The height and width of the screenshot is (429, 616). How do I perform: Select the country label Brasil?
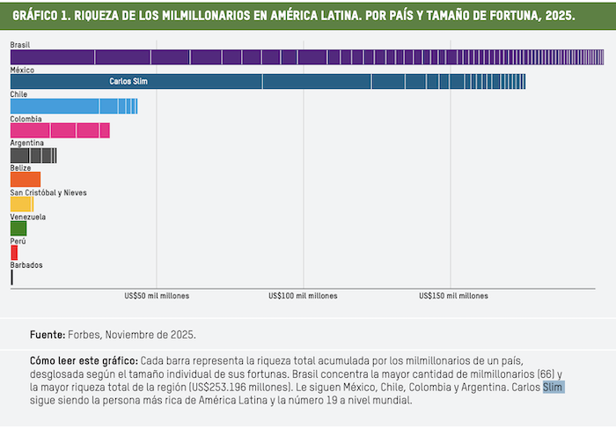coord(19,44)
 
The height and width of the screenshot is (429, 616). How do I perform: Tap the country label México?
coord(22,69)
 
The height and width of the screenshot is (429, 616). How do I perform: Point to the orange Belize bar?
coord(26,179)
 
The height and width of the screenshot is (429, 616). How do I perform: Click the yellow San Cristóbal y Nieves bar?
coord(21,203)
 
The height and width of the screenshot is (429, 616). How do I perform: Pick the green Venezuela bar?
coord(18,228)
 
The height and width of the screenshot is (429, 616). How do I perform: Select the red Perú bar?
coord(14,252)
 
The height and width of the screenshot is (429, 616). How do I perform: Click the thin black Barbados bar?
coord(11,277)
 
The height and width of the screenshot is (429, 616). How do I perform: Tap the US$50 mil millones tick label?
coord(157,296)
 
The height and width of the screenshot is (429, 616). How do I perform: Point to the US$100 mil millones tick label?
coord(304,296)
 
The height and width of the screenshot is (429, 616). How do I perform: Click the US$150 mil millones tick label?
coord(453,296)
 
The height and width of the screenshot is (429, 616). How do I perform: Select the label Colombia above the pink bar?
coord(26,118)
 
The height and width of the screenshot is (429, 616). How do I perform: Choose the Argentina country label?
coord(27,143)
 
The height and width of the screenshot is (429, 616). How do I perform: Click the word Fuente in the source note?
coord(47,335)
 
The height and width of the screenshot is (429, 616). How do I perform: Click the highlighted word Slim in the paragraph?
coord(553,387)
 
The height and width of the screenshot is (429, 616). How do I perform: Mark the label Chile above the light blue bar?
coord(18,93)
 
